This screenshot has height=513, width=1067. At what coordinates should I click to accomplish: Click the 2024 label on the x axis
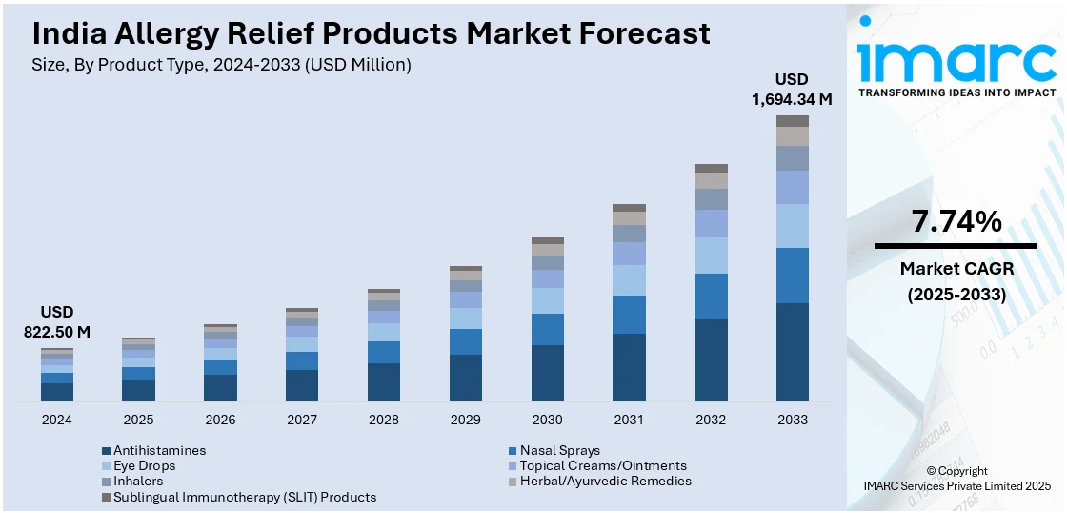point(56,420)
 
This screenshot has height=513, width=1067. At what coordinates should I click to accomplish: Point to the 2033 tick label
point(793,420)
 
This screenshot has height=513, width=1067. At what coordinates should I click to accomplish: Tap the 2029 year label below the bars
point(465,420)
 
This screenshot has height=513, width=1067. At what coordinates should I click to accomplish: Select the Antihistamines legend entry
point(159,450)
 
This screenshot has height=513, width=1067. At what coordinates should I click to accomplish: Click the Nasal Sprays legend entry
point(559,450)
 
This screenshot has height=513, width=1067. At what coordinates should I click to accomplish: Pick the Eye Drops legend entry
point(144,465)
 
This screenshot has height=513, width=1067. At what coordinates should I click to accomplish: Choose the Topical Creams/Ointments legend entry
point(602,465)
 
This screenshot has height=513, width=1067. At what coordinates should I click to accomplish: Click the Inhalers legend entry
point(138,481)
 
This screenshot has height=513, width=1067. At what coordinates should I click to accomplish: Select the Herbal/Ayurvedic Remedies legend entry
point(605,481)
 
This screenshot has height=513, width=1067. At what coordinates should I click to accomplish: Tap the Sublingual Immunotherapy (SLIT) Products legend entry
point(244,497)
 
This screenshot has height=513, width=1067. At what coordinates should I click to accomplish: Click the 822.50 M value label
point(57,332)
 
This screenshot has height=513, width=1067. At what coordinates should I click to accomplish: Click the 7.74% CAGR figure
point(956,222)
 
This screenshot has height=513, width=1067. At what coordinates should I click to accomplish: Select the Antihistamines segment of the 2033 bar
point(793,352)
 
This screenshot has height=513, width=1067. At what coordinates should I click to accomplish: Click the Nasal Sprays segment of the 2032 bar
point(711,297)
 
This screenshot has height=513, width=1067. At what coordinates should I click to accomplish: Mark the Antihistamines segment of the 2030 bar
point(547,373)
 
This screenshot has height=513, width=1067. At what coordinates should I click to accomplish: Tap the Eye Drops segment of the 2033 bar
point(793,226)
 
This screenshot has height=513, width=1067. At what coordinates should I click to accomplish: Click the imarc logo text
point(956,60)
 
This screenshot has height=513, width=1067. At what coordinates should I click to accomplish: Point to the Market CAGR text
point(956,269)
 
